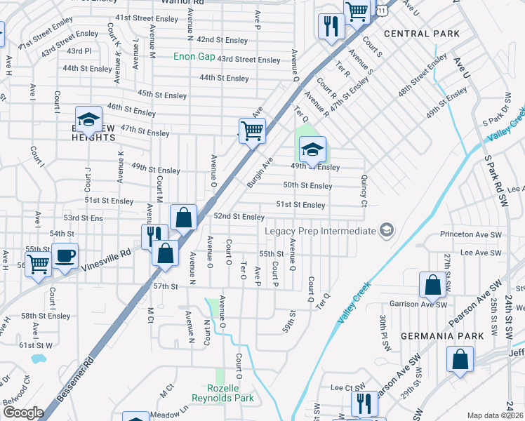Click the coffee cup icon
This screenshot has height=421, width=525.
tap(65, 255)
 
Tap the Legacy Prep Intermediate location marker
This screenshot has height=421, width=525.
tap(385, 230)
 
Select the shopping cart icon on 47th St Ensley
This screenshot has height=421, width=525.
tap(252, 130)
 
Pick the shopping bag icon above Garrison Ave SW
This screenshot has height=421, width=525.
tap(433, 285)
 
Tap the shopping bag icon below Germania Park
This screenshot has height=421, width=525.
tap(460, 359)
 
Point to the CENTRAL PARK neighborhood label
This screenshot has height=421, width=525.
tap(421, 34)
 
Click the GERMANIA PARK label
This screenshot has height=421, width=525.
tap(442, 336)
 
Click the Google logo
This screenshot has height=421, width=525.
tap(23, 413)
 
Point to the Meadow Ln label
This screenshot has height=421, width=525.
tap(171, 413)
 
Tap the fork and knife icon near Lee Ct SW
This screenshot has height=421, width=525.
tap(363, 403)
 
